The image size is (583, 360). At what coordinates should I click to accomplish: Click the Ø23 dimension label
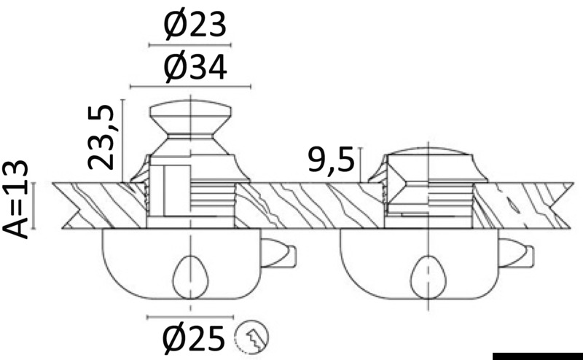click(x=195, y=25)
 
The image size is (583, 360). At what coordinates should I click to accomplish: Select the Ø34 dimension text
click(x=195, y=67)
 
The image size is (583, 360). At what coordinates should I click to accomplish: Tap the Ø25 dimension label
click(x=194, y=338)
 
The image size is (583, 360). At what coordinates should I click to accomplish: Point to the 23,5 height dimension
click(x=101, y=137)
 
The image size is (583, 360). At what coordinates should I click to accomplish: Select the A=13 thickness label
click(x=15, y=200)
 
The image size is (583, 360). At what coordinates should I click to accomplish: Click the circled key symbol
click(x=251, y=337)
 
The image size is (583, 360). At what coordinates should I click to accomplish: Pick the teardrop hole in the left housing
click(x=190, y=277)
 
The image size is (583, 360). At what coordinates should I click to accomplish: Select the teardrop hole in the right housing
click(x=429, y=277)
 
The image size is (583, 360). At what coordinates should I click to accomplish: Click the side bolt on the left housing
click(x=278, y=254)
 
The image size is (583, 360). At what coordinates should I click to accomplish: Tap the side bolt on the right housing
click(x=517, y=254)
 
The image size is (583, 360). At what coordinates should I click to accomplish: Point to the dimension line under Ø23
click(x=190, y=45)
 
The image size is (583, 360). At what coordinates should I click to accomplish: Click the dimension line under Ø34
click(x=190, y=87)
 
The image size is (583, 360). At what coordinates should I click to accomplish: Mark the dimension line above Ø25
click(x=190, y=317)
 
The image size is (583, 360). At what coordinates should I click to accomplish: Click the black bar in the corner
click(x=538, y=356)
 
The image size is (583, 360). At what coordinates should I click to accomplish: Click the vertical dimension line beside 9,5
click(x=360, y=165)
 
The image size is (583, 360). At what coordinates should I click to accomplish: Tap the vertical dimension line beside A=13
click(x=34, y=206)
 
